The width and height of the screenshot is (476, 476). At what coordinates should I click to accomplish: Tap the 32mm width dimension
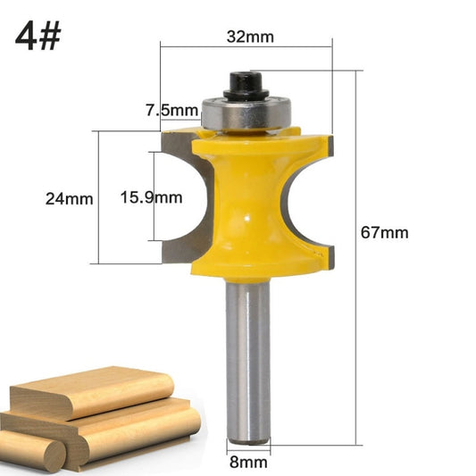[248, 38]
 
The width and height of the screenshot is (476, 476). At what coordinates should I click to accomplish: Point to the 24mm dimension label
[70, 198]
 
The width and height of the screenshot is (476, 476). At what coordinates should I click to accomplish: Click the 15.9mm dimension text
[150, 197]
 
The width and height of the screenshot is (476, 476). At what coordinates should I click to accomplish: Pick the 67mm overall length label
[384, 232]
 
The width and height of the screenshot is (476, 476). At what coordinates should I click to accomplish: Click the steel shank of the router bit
[247, 357]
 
